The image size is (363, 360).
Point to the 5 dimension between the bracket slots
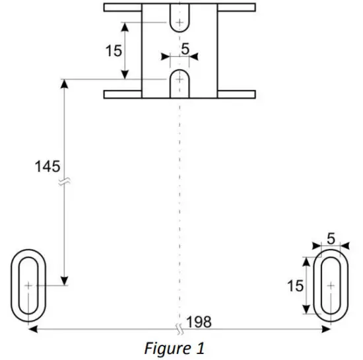click(x=185, y=48)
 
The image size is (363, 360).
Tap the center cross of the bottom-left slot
click(x=29, y=285)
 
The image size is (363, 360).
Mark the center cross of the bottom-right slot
click(x=330, y=285)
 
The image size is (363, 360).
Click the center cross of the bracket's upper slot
click(x=180, y=22)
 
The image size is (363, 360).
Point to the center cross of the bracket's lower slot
click(x=180, y=79)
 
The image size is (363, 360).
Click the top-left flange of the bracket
click(x=123, y=7)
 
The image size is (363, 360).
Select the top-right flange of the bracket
click(x=236, y=7)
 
